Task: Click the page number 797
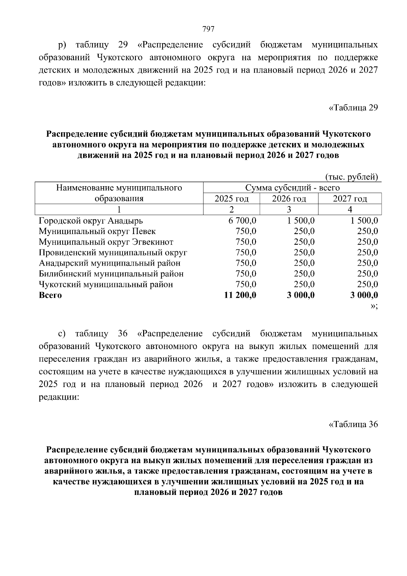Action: coord(208,29)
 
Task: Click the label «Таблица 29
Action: coord(353,108)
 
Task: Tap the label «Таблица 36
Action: coord(353,424)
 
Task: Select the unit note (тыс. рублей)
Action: coord(351,177)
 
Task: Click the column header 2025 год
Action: coord(231,199)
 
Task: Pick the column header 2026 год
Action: coord(289,199)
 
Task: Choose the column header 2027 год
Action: coord(350,199)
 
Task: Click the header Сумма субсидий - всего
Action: coord(292,188)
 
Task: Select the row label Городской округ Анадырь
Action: coord(91,221)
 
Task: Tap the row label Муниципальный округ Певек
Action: coord(97,231)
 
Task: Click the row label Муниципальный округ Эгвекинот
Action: coord(106,242)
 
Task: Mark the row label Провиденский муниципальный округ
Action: coord(113,253)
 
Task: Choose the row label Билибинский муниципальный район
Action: coord(111,274)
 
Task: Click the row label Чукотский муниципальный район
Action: coord(106,284)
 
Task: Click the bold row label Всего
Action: coord(51,295)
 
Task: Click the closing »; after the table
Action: coord(374,306)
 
